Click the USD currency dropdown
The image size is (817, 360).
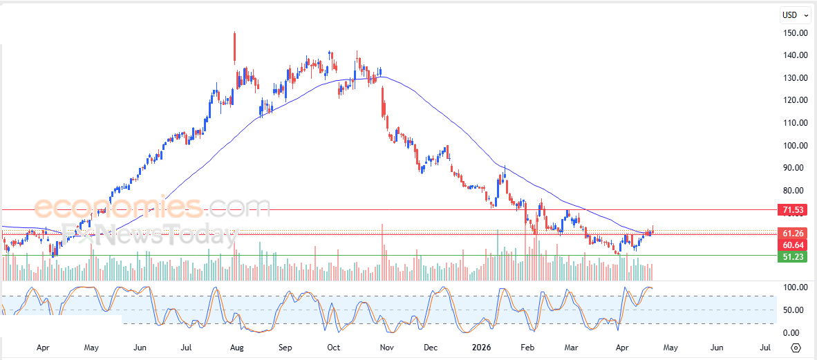[x=794, y=15]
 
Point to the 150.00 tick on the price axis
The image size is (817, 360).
[x=796, y=32]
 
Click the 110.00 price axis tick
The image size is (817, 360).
[x=796, y=122]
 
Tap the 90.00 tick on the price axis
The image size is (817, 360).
[x=796, y=167]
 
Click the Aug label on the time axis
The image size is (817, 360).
[x=236, y=347]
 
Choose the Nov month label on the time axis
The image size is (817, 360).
[x=386, y=347]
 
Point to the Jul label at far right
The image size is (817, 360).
[x=765, y=347]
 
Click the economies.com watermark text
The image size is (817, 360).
[x=152, y=207]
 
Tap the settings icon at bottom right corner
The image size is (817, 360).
[x=796, y=348]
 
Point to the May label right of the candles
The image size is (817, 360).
[x=670, y=347]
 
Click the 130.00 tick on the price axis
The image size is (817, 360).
[x=796, y=77]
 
